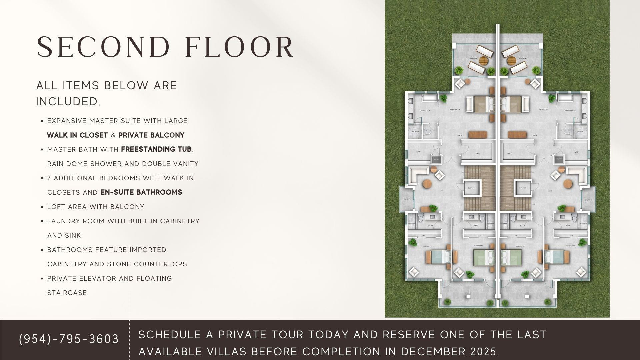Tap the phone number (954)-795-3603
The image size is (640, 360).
click(x=69, y=339)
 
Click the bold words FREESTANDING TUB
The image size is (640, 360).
click(x=156, y=149)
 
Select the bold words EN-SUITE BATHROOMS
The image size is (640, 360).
click(x=141, y=192)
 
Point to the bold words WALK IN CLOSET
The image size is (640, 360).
click(x=77, y=135)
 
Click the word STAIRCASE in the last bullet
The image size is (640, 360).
click(x=67, y=293)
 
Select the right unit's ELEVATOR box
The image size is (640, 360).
click(x=522, y=188)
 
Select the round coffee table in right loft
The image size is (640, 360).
click(x=568, y=184)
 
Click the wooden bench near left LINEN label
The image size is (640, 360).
click(x=478, y=135)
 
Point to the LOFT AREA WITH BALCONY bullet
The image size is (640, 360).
click(x=96, y=207)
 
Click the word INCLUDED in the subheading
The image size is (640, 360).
click(x=68, y=102)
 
